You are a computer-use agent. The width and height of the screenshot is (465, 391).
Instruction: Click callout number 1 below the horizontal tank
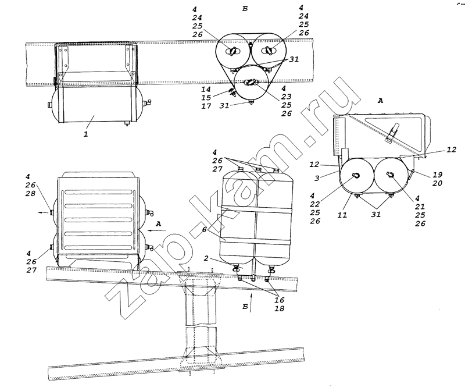[85, 134]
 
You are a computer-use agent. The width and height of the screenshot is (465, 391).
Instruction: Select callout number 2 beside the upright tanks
[206, 258]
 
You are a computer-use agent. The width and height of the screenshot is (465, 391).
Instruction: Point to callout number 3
[317, 178]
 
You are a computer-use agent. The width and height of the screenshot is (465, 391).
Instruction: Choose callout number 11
[342, 215]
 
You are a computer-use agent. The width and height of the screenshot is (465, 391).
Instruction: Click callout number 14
[206, 89]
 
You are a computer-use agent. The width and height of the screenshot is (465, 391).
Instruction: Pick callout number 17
[206, 106]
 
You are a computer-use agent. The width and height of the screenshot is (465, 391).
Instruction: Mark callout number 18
[280, 308]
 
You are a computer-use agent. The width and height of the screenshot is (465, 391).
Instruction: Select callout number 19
[437, 175]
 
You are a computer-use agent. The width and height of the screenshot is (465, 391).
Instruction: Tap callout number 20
[437, 183]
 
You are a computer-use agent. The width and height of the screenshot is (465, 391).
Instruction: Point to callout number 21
[420, 207]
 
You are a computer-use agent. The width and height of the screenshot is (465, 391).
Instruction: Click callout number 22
[315, 204]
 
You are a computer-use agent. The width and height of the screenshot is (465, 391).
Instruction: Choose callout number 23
[287, 97]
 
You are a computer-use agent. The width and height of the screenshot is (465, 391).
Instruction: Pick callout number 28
[30, 194]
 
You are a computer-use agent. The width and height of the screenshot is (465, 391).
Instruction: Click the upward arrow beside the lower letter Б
[251, 303]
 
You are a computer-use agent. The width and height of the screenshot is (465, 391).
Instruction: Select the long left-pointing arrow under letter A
[157, 230]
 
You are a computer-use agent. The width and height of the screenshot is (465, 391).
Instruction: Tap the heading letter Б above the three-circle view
[245, 9]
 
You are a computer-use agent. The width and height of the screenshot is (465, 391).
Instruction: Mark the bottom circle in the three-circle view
[251, 83]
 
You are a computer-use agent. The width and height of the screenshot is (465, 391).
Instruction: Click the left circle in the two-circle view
[357, 175]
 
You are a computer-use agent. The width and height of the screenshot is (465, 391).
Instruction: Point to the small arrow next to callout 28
[43, 212]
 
